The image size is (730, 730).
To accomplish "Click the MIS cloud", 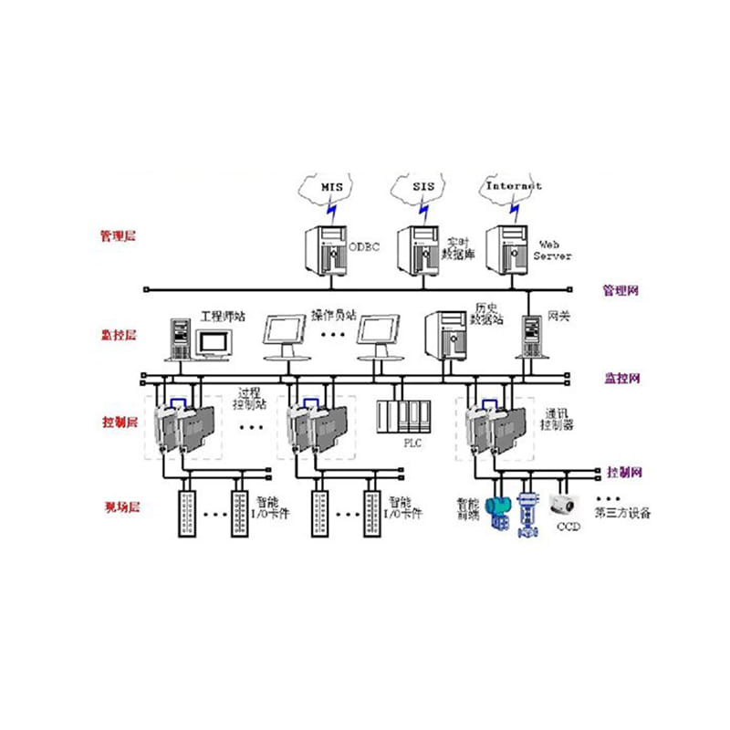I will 329,187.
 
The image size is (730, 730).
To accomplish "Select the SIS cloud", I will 419,187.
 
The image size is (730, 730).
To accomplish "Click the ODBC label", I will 362,247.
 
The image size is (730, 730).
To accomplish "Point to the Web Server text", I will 552,251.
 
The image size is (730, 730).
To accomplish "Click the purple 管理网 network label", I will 620,291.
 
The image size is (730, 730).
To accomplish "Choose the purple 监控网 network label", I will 622,377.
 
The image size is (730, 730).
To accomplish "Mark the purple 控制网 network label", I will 623,473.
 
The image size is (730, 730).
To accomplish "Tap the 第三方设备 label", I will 622,513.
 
